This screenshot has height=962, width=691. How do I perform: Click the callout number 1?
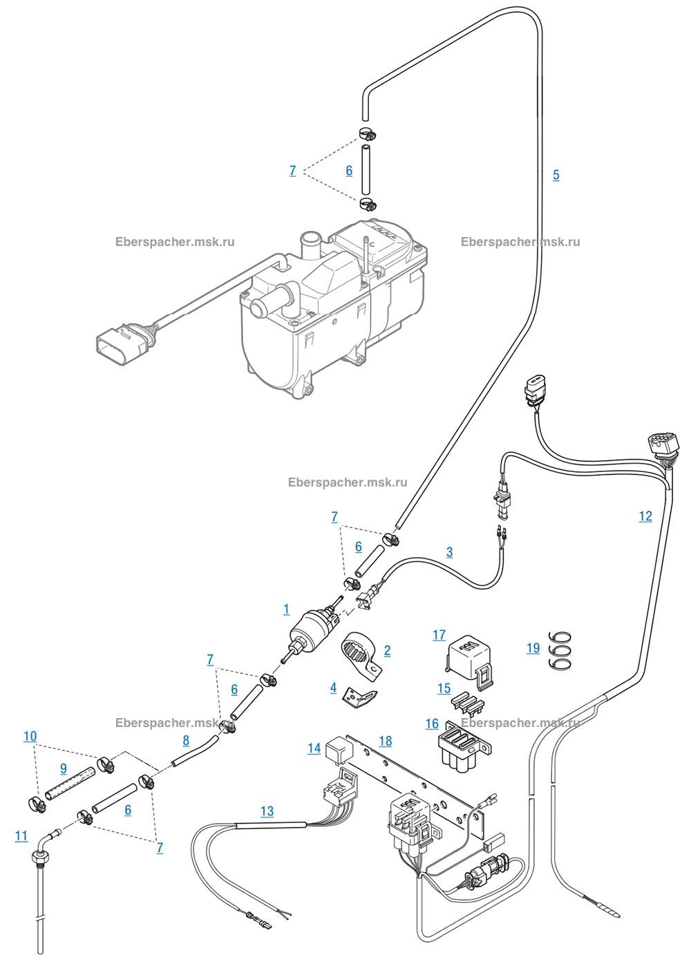pyautogui.click(x=287, y=610)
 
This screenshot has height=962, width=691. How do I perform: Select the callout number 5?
pyautogui.click(x=556, y=175)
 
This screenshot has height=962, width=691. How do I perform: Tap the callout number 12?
pyautogui.click(x=645, y=516)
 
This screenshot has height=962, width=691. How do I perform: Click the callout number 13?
pyautogui.click(x=267, y=811)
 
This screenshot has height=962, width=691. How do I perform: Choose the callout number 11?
pyautogui.click(x=21, y=836)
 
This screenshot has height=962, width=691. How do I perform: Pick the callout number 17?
pyautogui.click(x=439, y=635)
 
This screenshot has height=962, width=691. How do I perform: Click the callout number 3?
pyautogui.click(x=450, y=552)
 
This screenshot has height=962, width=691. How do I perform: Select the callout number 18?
pyautogui.click(x=386, y=742)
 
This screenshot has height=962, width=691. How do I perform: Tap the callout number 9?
pyautogui.click(x=64, y=768)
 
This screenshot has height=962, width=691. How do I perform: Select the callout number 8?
pyautogui.click(x=186, y=740)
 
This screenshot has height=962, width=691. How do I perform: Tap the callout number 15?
pyautogui.click(x=444, y=689)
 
